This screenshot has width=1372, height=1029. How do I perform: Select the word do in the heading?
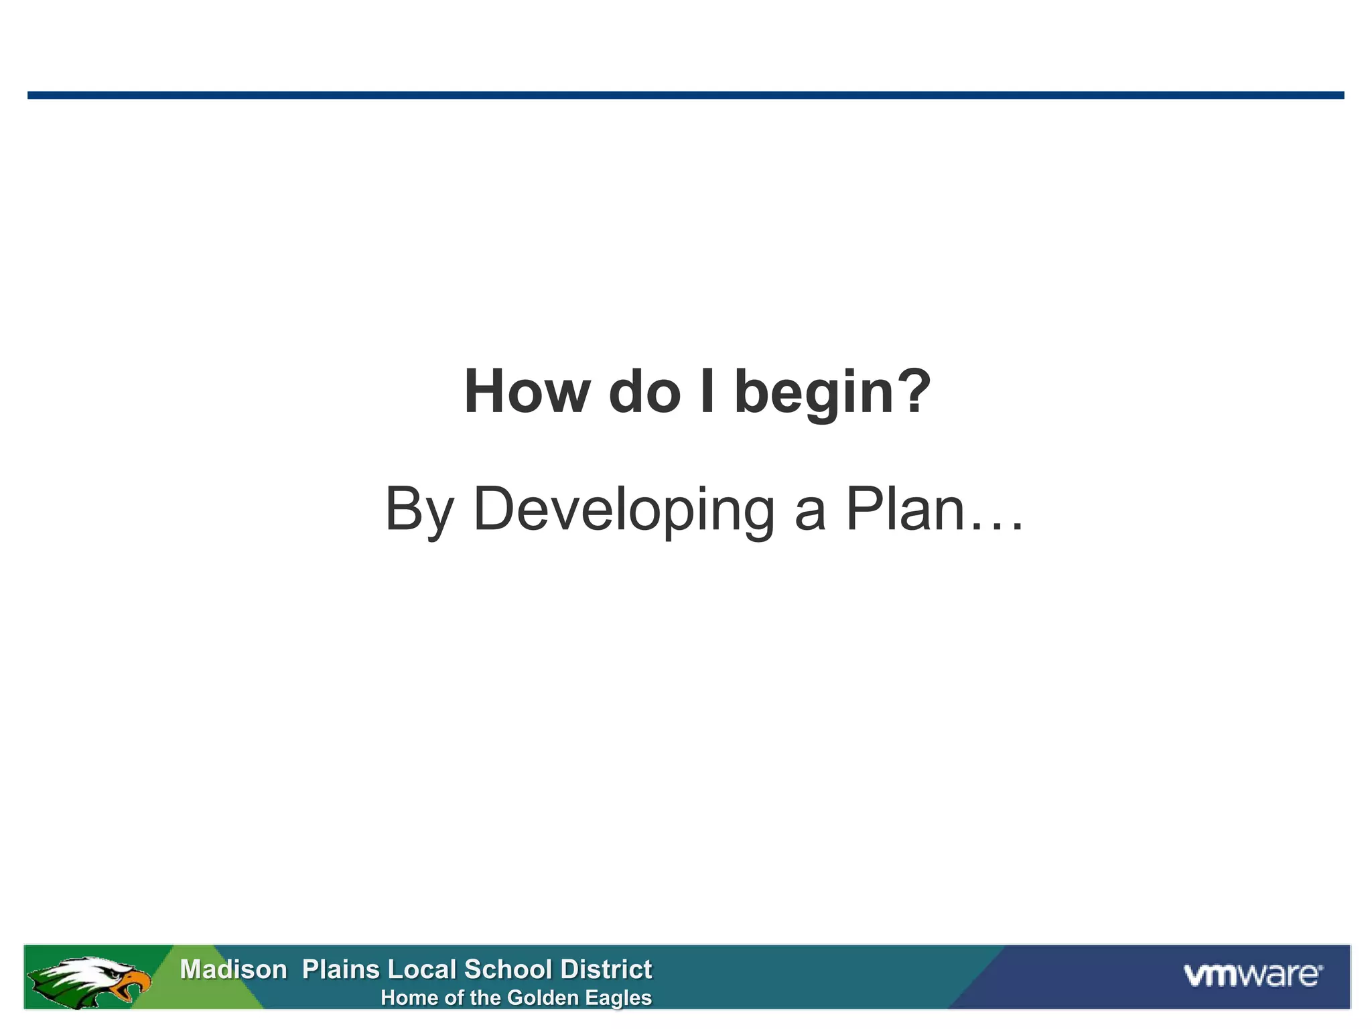click(644, 392)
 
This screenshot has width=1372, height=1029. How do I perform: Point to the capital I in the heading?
click(707, 392)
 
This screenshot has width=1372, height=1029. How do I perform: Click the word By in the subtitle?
click(419, 510)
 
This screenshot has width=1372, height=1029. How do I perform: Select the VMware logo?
click(1252, 975)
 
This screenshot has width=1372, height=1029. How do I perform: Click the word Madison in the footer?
click(233, 969)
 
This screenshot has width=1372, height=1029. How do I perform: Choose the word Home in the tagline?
click(409, 998)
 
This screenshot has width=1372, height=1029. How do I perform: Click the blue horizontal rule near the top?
click(685, 95)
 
